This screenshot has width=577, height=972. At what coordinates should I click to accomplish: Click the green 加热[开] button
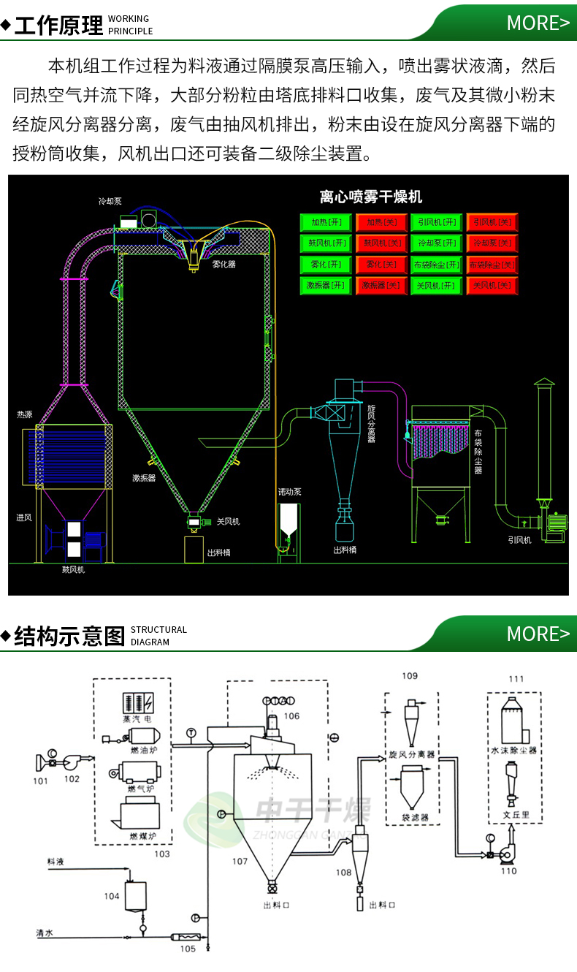325,221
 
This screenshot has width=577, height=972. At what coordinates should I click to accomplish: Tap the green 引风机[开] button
436,221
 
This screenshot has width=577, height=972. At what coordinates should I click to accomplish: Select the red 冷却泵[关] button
492,243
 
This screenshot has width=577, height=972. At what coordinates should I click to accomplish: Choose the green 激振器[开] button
325,285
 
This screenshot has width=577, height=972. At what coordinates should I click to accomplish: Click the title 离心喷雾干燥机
371,197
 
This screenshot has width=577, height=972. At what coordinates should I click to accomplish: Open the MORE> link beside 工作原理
538,23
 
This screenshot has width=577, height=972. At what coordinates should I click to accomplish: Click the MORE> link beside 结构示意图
538,634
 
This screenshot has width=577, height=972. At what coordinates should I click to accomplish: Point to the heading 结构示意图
70,636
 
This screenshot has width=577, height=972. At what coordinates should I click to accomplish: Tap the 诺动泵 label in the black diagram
289,492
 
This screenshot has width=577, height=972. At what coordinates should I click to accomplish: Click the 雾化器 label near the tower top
224,265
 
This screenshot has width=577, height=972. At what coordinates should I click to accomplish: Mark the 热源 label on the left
25,414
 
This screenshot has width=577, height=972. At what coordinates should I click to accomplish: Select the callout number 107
240,862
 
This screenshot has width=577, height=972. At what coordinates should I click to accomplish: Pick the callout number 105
188,949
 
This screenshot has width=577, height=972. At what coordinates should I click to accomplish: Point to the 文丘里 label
515,814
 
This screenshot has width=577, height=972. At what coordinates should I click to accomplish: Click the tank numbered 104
135,895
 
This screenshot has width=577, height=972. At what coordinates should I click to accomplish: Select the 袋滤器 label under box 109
415,817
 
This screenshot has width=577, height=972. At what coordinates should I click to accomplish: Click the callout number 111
516,679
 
